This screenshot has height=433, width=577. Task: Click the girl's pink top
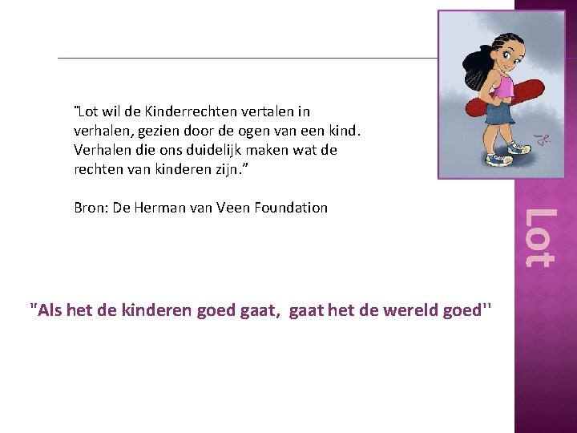coord(502,84)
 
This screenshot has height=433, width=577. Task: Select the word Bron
coord(90,208)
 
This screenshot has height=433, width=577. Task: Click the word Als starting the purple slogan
coord(49,310)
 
